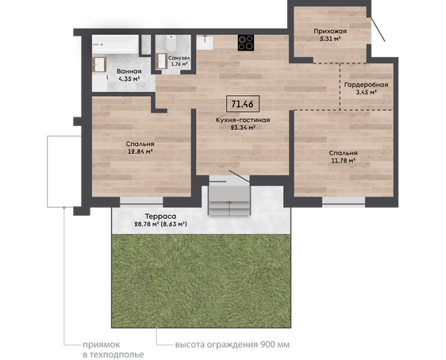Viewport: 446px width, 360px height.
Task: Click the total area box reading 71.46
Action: (x=243, y=104)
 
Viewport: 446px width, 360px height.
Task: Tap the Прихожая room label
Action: (x=330, y=31)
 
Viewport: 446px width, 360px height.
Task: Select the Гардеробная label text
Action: (x=366, y=85)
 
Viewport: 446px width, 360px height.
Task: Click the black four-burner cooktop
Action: (x=246, y=43)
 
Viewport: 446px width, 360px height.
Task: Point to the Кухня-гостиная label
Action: (x=243, y=120)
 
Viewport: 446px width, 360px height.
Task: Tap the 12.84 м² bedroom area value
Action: (x=140, y=151)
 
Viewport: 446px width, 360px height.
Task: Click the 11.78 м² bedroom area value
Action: (x=344, y=160)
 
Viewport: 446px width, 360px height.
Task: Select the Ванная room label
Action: (x=129, y=71)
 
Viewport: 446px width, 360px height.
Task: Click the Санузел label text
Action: (x=179, y=58)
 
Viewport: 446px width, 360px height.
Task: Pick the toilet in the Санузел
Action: (x=171, y=42)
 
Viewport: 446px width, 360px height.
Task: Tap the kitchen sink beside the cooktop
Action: (x=205, y=42)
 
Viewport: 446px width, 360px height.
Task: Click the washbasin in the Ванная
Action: (x=99, y=64)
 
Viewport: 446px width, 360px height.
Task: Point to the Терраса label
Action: (x=161, y=216)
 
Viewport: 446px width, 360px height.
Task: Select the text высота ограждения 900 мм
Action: (x=233, y=345)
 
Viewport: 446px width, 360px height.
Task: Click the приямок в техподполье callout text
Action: (x=113, y=350)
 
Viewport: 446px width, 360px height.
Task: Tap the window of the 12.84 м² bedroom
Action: (x=141, y=201)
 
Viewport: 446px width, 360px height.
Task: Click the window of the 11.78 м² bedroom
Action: (x=344, y=201)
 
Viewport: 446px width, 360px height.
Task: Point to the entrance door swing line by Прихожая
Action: (x=378, y=29)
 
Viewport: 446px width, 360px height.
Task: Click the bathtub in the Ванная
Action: (x=115, y=44)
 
